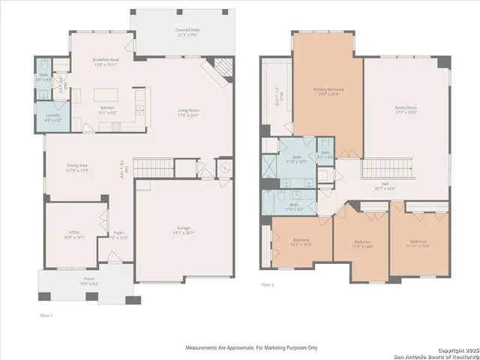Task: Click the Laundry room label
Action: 52,115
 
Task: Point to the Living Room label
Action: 187,111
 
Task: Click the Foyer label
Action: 118,233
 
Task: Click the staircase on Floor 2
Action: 383,169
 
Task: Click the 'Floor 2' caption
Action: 268,285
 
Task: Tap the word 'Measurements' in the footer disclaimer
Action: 205,348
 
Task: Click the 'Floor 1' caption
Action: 46,314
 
